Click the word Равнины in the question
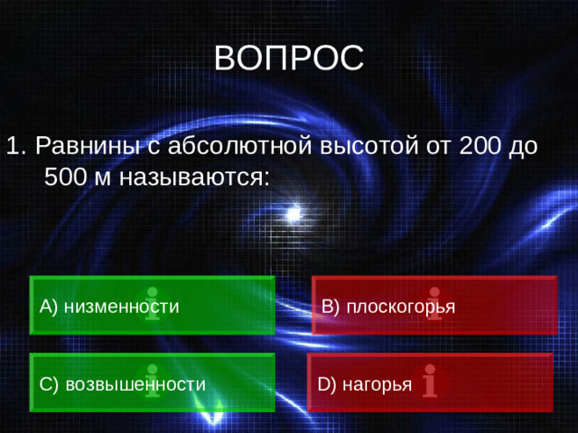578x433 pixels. click(87, 145)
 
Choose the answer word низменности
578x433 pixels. click(121, 307)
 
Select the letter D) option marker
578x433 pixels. click(327, 385)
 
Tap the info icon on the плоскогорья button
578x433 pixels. click(434, 304)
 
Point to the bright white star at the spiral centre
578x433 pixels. click(292, 213)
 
